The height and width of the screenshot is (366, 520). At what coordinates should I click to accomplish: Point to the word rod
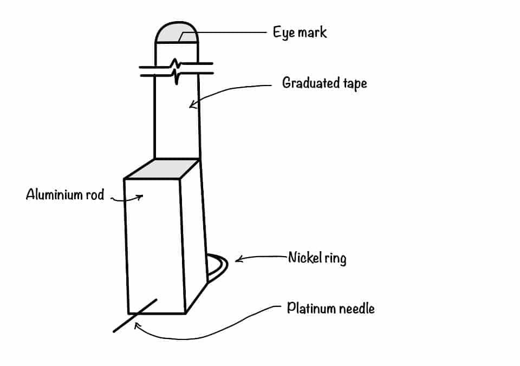point(94,194)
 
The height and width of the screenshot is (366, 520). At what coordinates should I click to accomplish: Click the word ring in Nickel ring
point(336,258)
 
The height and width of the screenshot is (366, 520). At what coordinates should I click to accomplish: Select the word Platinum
point(311,309)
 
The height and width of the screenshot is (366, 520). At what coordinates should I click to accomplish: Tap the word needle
point(357,309)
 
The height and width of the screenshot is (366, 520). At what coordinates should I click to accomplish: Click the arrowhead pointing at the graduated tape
point(192,107)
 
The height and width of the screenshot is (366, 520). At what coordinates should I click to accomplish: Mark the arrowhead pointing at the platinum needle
point(137,325)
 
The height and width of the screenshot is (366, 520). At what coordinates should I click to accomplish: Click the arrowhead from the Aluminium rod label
point(140,197)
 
